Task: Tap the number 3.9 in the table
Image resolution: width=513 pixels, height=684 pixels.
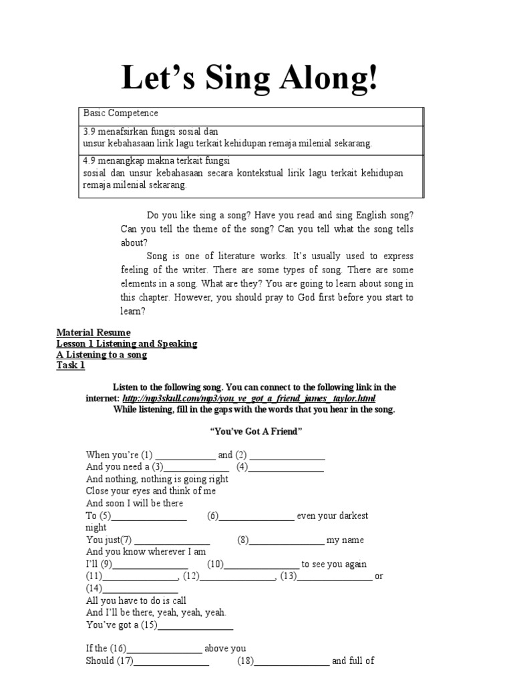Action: click(90, 132)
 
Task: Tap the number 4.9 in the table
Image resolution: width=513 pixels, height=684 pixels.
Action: click(90, 161)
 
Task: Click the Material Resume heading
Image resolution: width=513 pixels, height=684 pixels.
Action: click(94, 332)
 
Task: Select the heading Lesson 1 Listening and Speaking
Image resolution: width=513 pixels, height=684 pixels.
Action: click(127, 343)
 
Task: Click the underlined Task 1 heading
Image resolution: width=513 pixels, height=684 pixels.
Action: click(71, 366)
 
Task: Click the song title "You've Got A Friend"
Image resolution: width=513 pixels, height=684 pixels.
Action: click(256, 432)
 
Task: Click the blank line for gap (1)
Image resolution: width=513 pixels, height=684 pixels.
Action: click(185, 456)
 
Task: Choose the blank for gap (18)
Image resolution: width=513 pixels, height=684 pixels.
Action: click(292, 663)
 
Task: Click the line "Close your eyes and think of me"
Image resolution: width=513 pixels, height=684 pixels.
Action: click(151, 491)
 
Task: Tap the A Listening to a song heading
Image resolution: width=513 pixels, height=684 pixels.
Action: click(102, 355)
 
